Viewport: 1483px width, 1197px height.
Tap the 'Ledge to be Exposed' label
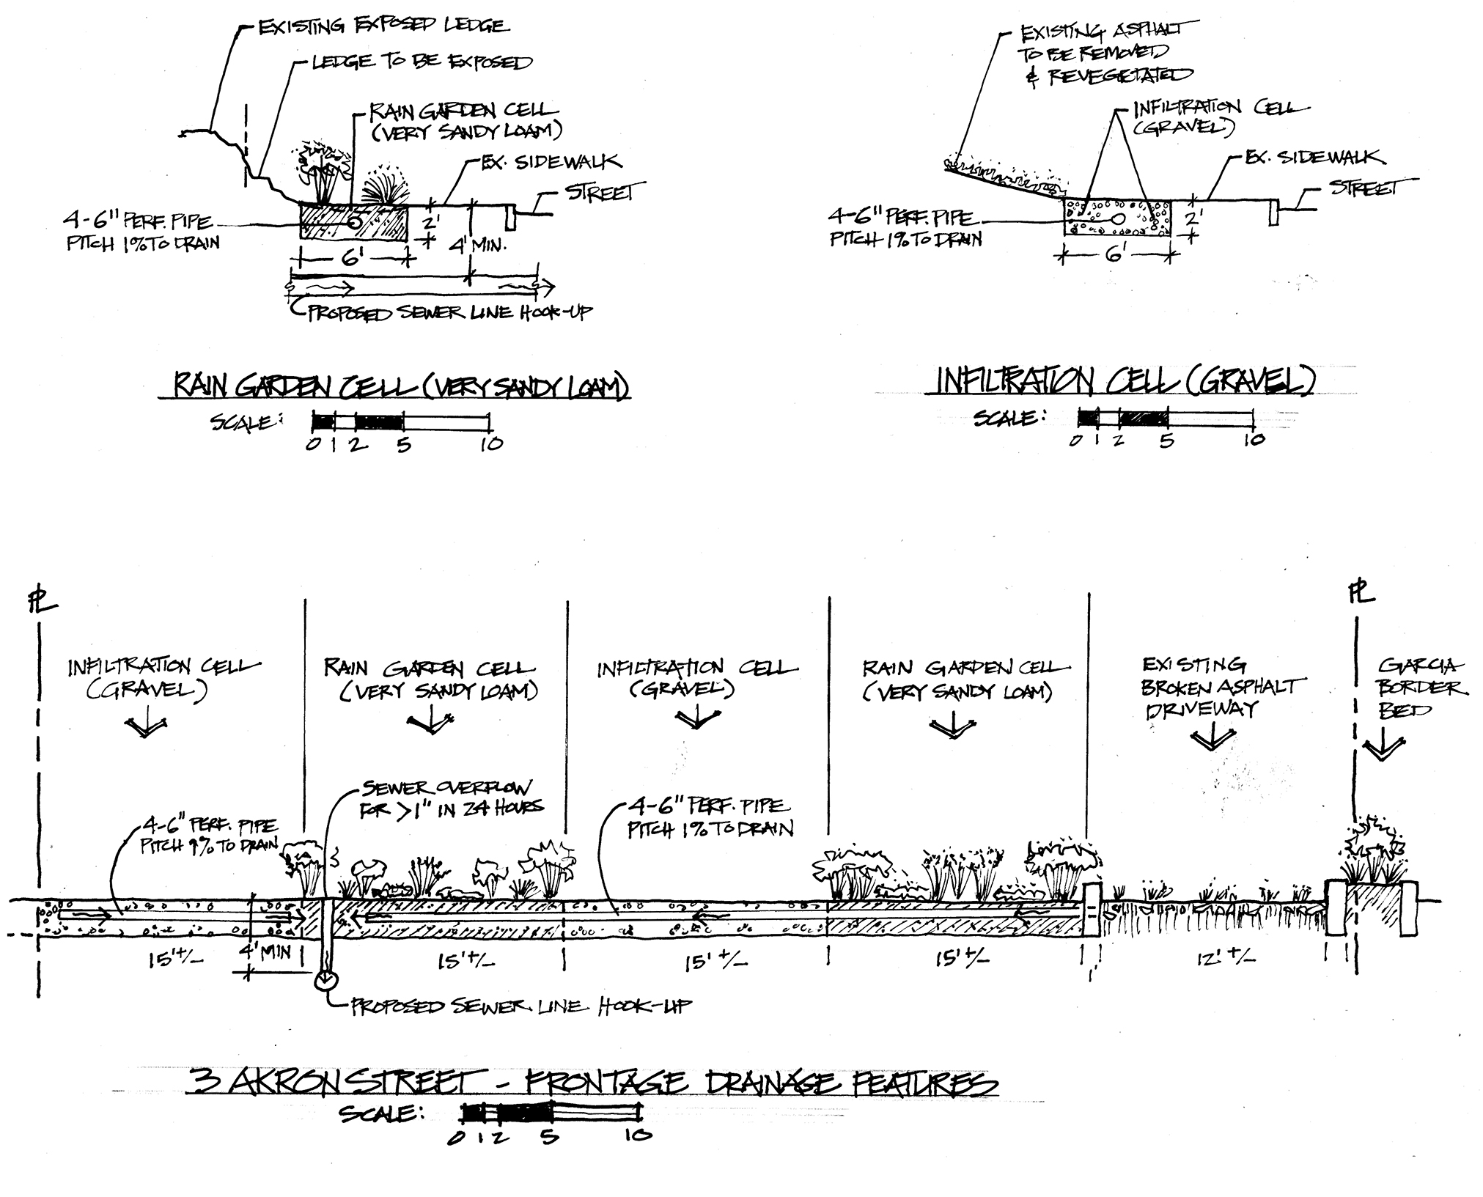422,63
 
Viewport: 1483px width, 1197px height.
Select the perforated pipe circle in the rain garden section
356,220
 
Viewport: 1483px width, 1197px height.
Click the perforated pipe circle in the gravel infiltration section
1120,218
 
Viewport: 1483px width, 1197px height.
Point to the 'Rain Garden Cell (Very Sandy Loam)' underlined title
400,386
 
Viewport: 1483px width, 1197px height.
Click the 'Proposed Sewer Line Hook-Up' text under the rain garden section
449,313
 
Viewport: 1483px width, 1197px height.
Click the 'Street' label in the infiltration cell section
1363,188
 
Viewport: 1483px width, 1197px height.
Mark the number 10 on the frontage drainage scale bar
637,1135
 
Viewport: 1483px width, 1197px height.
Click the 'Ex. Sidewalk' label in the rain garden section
551,162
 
